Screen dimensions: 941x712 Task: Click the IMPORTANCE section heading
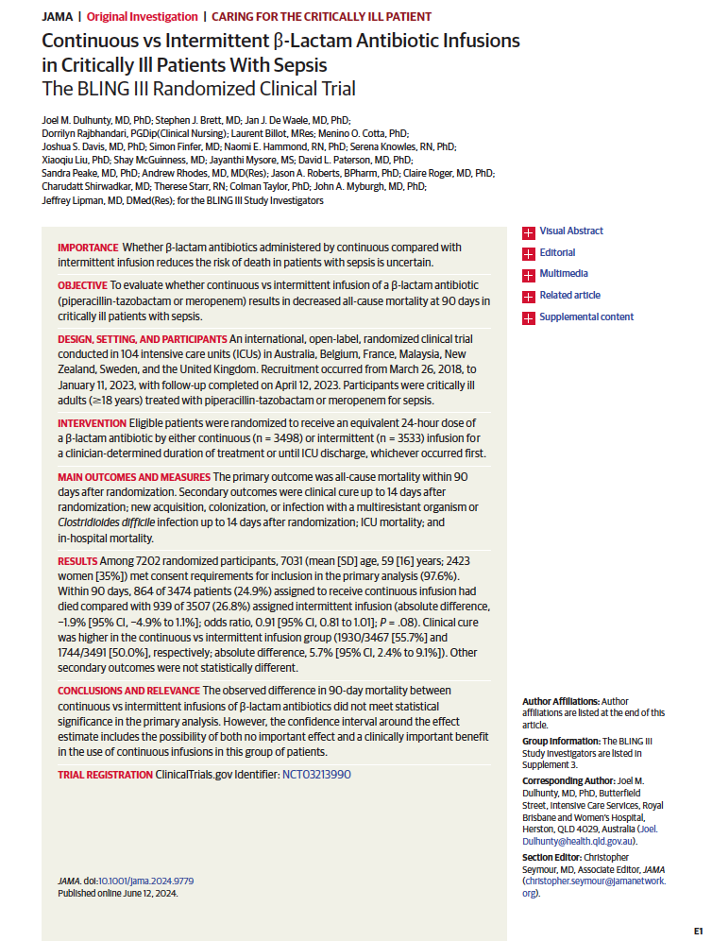click(x=88, y=248)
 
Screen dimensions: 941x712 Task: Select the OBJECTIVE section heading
click(x=82, y=285)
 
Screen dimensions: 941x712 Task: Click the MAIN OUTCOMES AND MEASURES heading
click(x=134, y=476)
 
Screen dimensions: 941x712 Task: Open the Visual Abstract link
click(x=570, y=231)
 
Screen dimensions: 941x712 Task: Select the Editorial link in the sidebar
click(x=556, y=253)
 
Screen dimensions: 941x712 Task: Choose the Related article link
click(x=569, y=296)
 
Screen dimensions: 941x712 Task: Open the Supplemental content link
click(x=585, y=317)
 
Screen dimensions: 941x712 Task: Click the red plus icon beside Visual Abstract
click(x=528, y=231)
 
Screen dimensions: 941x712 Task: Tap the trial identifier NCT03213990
click(x=316, y=774)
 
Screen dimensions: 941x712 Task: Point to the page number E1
click(x=698, y=930)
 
